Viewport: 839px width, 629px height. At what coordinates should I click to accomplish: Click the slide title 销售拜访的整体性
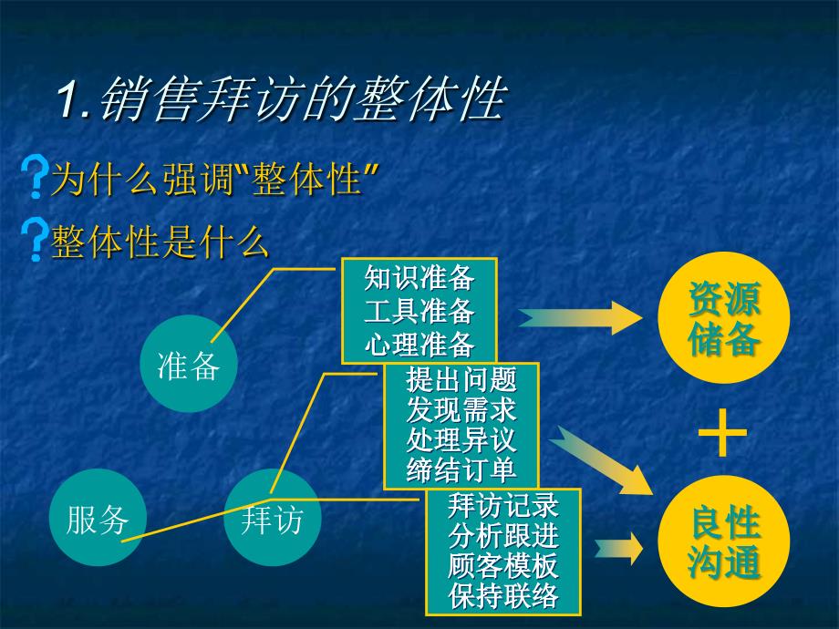tap(283, 99)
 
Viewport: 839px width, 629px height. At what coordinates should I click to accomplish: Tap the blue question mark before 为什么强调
tap(35, 177)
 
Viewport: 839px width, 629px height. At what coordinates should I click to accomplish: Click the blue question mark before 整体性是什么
tap(35, 240)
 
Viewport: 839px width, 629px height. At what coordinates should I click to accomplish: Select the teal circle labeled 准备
tap(189, 364)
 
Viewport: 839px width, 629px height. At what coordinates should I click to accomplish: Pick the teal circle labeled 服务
tap(98, 517)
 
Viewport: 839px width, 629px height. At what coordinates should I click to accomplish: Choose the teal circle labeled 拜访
tap(273, 517)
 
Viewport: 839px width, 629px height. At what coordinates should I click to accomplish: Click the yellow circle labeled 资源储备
tap(724, 318)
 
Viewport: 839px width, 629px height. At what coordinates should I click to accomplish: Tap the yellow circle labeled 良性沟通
tap(724, 541)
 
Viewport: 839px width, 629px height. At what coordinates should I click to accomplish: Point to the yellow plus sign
tap(723, 433)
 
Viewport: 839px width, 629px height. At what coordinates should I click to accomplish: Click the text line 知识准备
tap(419, 278)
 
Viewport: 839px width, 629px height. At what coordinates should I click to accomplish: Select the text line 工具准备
tap(419, 311)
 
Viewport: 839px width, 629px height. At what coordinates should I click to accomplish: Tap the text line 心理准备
tap(419, 344)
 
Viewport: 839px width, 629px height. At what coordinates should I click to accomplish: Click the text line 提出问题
tap(461, 380)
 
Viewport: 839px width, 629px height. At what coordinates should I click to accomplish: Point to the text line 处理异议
tap(461, 440)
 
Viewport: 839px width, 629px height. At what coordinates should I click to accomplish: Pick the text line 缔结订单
tap(461, 470)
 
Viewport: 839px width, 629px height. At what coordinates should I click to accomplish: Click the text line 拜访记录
tap(503, 505)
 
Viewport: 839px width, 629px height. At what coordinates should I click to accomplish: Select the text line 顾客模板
tap(503, 566)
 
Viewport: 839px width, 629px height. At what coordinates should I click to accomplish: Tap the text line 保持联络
tap(503, 596)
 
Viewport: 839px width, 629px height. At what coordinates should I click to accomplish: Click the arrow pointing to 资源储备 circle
tap(580, 318)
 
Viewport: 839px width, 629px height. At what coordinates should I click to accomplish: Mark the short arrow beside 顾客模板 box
tap(618, 549)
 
